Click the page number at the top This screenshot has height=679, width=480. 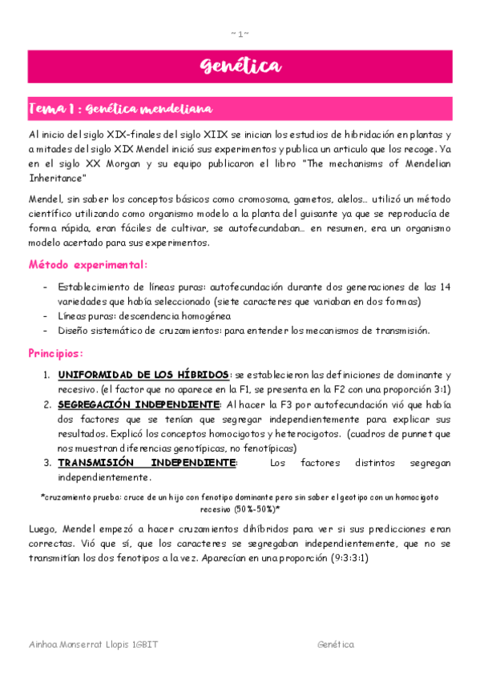(x=240, y=33)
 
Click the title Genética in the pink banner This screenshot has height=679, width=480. (x=240, y=66)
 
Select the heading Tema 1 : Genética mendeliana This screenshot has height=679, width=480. (x=120, y=108)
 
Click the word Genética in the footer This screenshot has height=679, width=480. (x=335, y=644)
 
